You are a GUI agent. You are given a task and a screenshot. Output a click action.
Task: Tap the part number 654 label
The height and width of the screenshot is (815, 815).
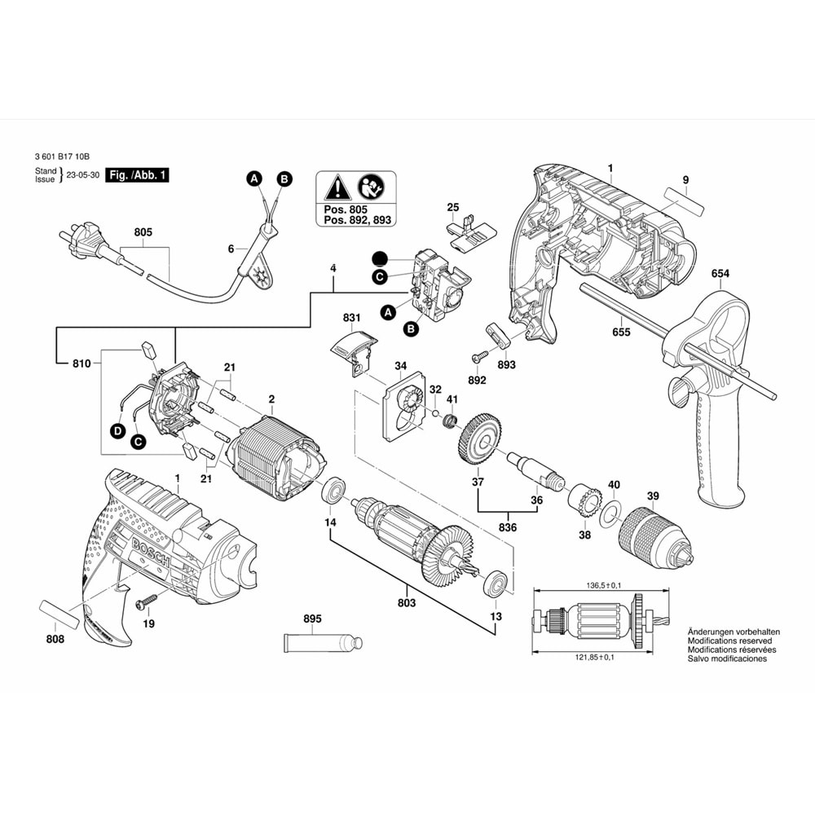(x=720, y=274)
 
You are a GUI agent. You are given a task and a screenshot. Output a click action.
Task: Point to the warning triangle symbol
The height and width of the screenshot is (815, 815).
(x=335, y=191)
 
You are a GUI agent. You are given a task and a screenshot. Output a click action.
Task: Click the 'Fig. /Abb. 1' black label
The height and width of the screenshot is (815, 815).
(x=138, y=176)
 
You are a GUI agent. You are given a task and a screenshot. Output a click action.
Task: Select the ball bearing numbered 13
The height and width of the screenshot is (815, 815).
(x=495, y=584)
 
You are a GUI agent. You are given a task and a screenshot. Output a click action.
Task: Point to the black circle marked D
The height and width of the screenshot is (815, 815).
(x=118, y=430)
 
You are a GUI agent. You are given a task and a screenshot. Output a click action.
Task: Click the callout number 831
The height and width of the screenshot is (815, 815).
(x=351, y=318)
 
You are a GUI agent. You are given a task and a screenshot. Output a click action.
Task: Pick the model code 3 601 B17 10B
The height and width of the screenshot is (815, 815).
(x=62, y=157)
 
